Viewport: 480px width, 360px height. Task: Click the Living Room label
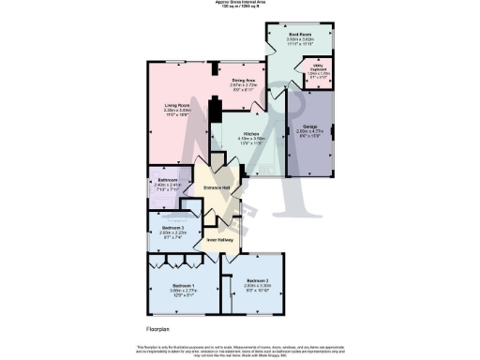(177, 104)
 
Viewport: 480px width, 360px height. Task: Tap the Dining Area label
(245, 81)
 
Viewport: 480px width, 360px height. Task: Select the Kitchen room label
(226, 134)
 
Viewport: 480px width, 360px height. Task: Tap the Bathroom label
(169, 179)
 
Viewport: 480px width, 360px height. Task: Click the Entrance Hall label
(217, 188)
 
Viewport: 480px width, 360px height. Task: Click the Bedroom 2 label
(258, 280)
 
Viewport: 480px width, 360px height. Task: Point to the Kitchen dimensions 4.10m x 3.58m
(226, 140)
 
